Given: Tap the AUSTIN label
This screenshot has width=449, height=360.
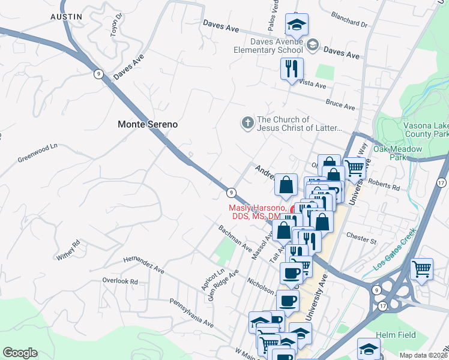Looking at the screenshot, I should coord(66,17).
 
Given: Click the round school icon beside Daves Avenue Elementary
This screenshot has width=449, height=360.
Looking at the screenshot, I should coord(312,45).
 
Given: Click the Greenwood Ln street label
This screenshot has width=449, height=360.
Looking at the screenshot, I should coord(37,152).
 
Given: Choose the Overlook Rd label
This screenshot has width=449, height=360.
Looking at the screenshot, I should coord(120,281).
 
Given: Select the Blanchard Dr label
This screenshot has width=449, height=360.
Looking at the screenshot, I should coord(348,24).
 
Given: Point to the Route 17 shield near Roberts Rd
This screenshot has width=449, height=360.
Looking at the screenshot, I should coord(441,182).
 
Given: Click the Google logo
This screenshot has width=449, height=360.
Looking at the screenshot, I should coord(20,353).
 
